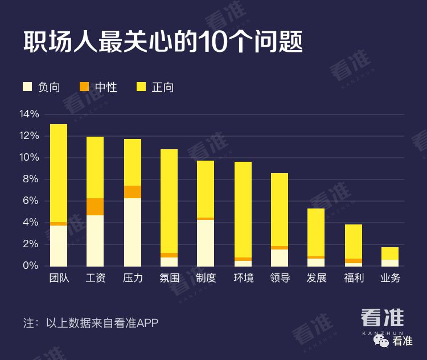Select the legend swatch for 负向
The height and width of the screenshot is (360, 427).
click(27, 87)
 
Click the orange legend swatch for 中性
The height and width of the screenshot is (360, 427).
click(84, 87)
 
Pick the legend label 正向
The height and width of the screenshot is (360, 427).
click(163, 87)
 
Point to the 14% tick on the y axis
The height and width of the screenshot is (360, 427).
click(29, 114)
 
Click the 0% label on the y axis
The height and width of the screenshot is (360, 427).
click(31, 265)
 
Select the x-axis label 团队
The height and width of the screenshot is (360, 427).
click(59, 279)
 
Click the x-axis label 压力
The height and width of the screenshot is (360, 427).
click(132, 279)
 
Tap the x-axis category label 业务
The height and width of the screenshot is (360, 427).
click(390, 279)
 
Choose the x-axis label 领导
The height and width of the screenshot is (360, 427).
click(280, 279)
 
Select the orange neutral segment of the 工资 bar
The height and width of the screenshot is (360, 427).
click(95, 207)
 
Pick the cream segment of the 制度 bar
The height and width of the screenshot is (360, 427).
click(206, 242)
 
